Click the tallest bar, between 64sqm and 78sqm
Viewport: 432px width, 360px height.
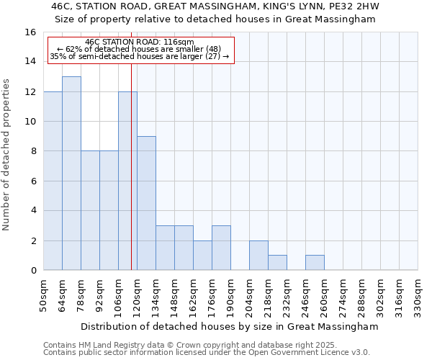(x=71, y=174)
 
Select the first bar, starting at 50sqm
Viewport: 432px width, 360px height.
(x=53, y=181)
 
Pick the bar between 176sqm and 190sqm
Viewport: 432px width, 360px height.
(x=221, y=248)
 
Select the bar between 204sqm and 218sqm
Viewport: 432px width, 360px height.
(x=258, y=255)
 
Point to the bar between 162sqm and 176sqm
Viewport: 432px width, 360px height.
(x=202, y=255)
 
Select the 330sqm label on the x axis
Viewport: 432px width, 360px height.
(x=418, y=295)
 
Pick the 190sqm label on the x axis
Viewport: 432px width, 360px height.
(x=230, y=295)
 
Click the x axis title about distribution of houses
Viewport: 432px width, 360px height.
(x=229, y=326)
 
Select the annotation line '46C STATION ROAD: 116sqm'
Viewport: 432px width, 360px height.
(x=140, y=42)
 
